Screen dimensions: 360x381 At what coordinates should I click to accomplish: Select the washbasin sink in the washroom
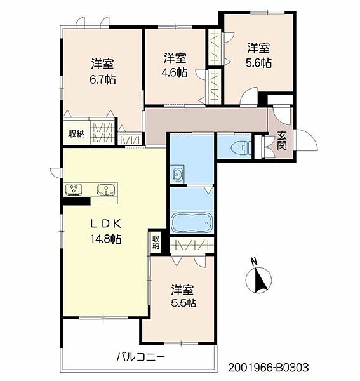coord(177,173)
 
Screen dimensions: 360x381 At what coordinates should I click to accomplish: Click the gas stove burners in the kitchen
coord(74,189)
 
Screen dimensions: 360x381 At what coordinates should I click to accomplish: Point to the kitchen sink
coord(106,189)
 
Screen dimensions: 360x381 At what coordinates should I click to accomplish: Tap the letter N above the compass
coord(254,262)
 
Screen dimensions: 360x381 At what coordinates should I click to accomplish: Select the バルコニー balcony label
coord(141,357)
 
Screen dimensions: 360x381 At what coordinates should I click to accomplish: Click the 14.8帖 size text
coord(106,239)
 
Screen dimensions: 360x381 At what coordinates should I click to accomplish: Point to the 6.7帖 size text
coord(102,79)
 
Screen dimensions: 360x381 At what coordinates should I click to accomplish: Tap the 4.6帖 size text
coord(175,72)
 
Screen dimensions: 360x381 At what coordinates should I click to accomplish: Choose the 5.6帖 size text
coord(258,63)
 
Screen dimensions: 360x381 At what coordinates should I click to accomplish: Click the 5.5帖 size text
coord(183,303)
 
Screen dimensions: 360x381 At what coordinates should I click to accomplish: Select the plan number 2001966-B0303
coord(268,368)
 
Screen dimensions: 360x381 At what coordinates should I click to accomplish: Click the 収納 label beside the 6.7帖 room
coord(76,133)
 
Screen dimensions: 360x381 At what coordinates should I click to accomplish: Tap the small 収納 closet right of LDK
coord(156,242)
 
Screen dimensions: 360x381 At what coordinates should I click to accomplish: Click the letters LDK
coord(105,224)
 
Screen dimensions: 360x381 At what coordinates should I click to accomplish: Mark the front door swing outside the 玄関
coord(307,141)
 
